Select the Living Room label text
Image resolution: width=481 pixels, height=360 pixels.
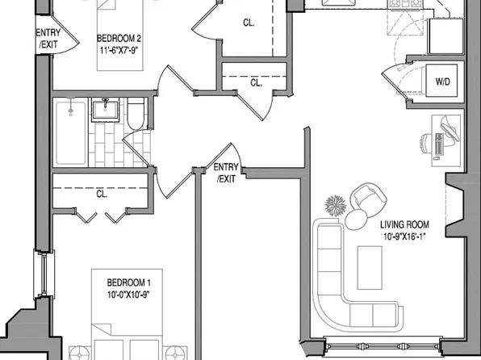point(404,224)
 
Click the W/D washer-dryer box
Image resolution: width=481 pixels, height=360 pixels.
point(442,82)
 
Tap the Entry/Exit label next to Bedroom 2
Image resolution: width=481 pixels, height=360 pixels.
point(47,38)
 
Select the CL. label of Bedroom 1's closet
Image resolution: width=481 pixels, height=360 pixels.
point(102,194)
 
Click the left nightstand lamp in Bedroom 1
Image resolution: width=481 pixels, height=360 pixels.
point(79,353)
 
